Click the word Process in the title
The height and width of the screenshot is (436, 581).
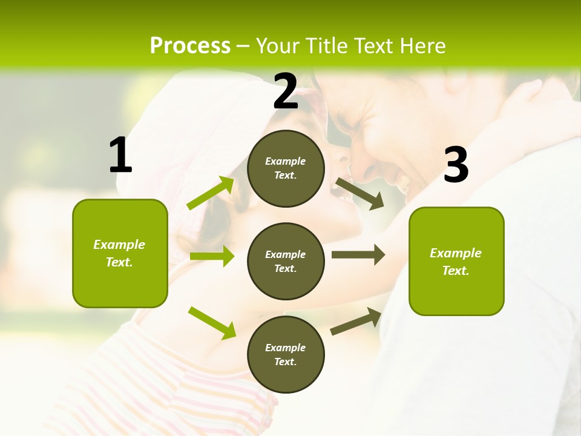point(190,46)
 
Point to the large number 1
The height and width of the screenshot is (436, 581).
point(120,156)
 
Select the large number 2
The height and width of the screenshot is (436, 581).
point(286,91)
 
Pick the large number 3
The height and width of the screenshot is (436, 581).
point(456,165)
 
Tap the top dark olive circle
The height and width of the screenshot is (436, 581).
point(286,168)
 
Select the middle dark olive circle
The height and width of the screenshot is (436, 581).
point(286,261)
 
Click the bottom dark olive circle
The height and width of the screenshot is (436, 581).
point(286,354)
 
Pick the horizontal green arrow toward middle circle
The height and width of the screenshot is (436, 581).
point(212,256)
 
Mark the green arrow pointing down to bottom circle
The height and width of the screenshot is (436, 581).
point(212,322)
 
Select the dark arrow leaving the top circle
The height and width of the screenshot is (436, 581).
point(359,193)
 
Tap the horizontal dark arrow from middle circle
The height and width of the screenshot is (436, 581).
point(358,255)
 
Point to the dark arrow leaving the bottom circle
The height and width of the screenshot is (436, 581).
point(356,321)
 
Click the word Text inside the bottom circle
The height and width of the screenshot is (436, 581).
point(285,362)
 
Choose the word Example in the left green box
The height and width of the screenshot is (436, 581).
point(119,245)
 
